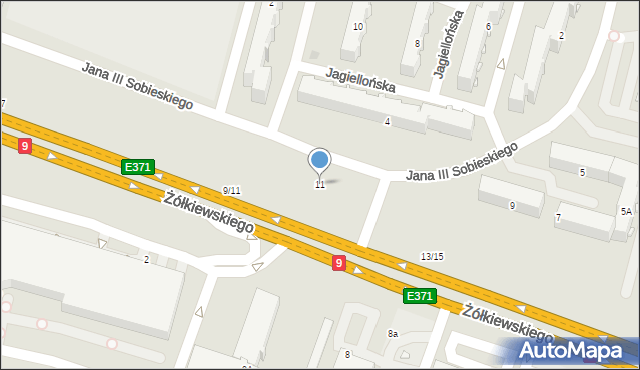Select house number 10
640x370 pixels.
(x=358, y=27)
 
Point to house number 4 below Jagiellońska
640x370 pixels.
(x=387, y=122)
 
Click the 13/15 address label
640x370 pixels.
(x=432, y=257)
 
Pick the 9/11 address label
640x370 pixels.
(x=231, y=190)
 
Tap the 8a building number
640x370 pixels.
(x=393, y=334)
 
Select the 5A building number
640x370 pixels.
(x=626, y=212)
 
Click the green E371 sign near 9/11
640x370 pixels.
(x=137, y=167)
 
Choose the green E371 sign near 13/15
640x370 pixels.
(x=418, y=296)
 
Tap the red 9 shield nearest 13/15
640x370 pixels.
(x=340, y=263)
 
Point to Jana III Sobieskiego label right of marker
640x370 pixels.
(x=461, y=162)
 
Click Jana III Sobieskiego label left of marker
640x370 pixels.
(x=137, y=86)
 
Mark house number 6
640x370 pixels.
(x=488, y=27)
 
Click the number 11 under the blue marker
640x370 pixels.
(x=320, y=185)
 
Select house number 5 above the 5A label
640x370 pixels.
(x=582, y=172)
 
